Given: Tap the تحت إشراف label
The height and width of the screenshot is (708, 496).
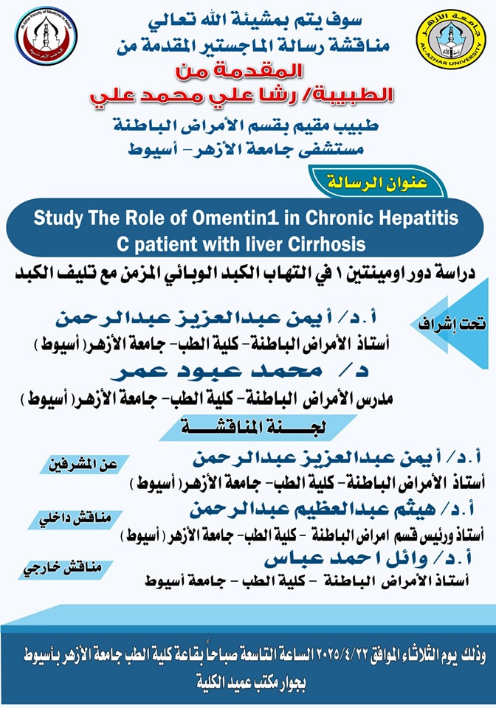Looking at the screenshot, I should point(447,322).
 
